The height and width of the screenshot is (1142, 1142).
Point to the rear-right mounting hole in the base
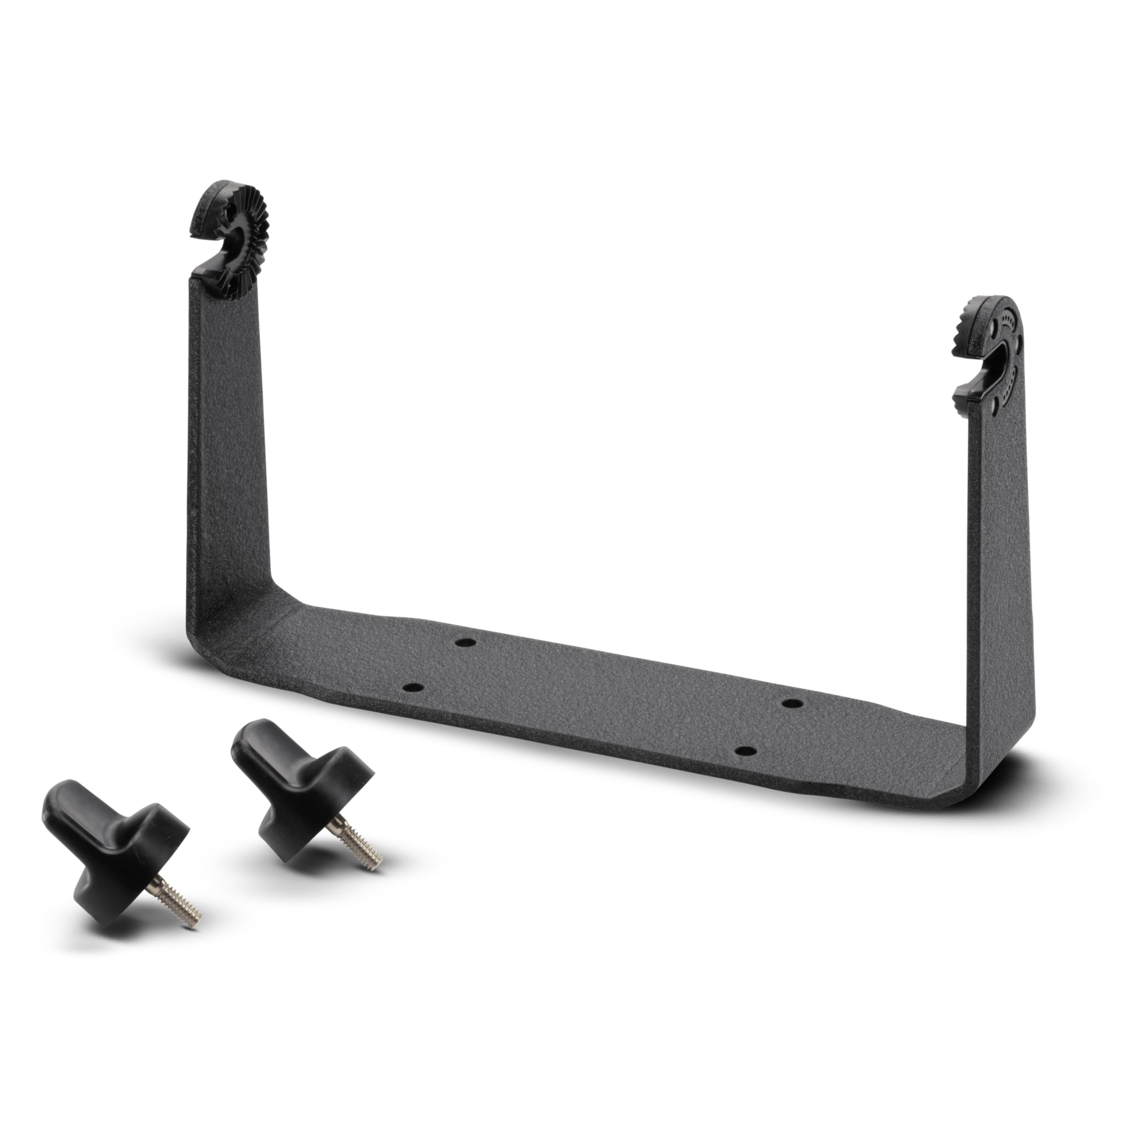(x=792, y=703)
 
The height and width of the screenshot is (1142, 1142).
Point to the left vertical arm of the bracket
(x=228, y=443)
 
